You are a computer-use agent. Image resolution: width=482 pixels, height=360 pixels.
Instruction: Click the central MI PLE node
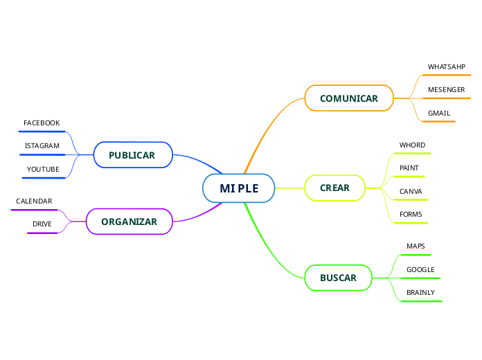click(x=239, y=188)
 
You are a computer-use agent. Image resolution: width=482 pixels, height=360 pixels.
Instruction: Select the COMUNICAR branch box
click(x=349, y=98)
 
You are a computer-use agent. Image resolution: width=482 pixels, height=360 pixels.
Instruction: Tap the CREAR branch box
click(x=335, y=188)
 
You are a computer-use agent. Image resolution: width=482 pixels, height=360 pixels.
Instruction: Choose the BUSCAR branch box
click(x=338, y=278)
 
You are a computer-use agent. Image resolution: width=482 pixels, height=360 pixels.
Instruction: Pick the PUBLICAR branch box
click(x=132, y=155)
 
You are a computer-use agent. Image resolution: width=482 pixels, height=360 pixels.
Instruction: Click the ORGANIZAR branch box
click(x=129, y=222)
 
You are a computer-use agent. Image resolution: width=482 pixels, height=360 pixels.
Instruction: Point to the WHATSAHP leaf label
click(x=446, y=66)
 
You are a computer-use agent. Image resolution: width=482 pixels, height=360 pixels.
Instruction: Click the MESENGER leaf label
click(x=446, y=90)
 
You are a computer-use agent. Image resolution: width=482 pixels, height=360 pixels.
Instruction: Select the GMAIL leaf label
click(x=439, y=113)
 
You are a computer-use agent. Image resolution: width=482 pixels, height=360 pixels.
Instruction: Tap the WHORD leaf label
click(x=412, y=145)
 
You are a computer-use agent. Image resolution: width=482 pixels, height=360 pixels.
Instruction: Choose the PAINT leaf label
click(x=409, y=168)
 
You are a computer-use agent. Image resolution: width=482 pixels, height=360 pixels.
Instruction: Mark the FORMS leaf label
click(x=411, y=214)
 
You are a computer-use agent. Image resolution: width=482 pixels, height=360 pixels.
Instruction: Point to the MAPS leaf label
click(x=416, y=246)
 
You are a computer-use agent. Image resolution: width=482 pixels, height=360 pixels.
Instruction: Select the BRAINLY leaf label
click(x=420, y=292)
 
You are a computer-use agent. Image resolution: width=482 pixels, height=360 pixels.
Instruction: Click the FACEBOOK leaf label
click(x=42, y=123)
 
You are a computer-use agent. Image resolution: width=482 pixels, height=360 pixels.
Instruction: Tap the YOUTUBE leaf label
click(x=43, y=169)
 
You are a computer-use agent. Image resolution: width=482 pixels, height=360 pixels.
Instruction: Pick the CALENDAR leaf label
click(x=34, y=201)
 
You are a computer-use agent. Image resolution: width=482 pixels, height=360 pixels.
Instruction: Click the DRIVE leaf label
click(x=42, y=224)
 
